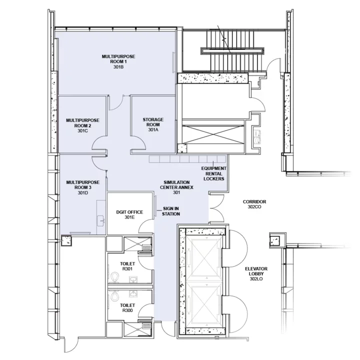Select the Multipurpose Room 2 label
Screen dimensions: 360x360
click(82, 125)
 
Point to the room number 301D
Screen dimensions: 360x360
click(82, 192)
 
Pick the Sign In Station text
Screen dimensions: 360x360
click(170, 211)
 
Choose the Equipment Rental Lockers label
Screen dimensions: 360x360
click(212, 173)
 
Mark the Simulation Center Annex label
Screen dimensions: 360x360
click(176, 187)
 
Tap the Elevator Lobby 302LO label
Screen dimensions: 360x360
click(256, 274)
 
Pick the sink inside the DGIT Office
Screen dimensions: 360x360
click(101, 218)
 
